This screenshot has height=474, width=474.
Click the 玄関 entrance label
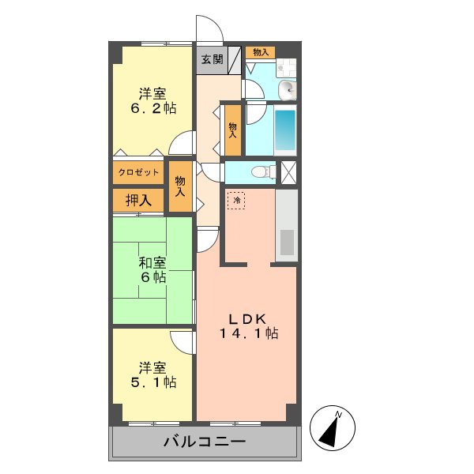211,58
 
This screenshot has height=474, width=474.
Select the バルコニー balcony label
205,442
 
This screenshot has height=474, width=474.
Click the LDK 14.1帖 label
248,326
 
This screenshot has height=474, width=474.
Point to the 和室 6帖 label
152,269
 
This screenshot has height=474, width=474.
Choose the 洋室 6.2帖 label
153,100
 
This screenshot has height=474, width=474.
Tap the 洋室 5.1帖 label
153,374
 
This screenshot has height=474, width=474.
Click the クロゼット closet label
139,172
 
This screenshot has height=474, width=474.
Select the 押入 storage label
139,200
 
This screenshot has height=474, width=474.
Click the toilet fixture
258,171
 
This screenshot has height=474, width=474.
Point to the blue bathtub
285,131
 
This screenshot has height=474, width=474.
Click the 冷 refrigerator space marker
236,201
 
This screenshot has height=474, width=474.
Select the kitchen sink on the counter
287,242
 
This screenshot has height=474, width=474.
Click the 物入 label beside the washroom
260,53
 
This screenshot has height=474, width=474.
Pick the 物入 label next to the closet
181,186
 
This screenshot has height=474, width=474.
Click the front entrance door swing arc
211,29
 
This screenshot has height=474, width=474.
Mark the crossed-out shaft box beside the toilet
289,171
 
